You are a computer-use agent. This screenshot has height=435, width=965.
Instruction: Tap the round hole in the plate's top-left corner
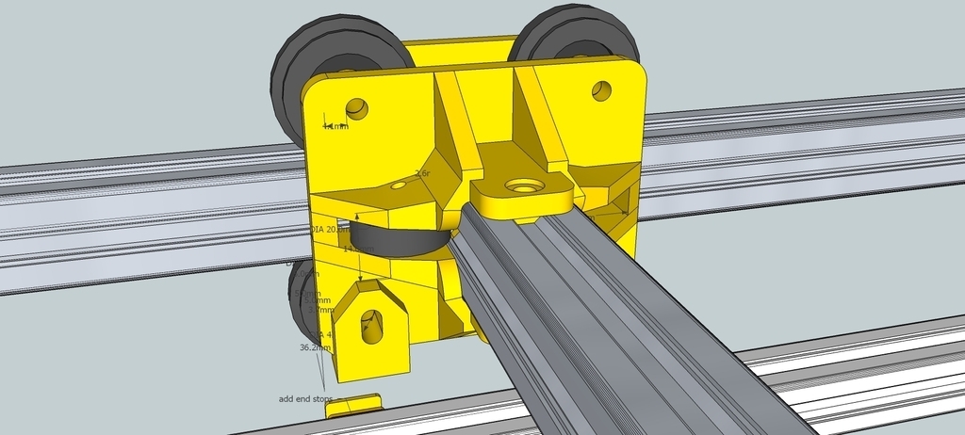click(357, 108)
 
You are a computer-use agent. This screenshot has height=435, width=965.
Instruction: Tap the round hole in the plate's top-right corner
click(601, 91)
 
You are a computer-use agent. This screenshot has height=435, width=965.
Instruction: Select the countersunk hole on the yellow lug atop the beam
click(520, 186)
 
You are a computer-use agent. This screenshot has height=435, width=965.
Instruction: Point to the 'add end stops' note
click(305, 398)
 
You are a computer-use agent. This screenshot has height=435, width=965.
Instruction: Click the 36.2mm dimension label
click(314, 347)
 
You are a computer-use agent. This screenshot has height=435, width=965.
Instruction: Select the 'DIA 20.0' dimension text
click(326, 229)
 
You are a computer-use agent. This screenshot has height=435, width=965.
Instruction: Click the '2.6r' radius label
click(422, 173)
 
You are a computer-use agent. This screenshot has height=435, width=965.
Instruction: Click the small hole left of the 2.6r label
click(398, 186)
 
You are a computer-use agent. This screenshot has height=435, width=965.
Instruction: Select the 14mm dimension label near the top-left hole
click(335, 126)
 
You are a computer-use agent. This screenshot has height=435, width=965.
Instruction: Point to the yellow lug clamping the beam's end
click(521, 192)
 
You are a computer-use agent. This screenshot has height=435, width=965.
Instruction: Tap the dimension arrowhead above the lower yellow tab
click(360, 279)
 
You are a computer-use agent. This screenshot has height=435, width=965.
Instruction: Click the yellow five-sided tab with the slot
click(372, 330)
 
